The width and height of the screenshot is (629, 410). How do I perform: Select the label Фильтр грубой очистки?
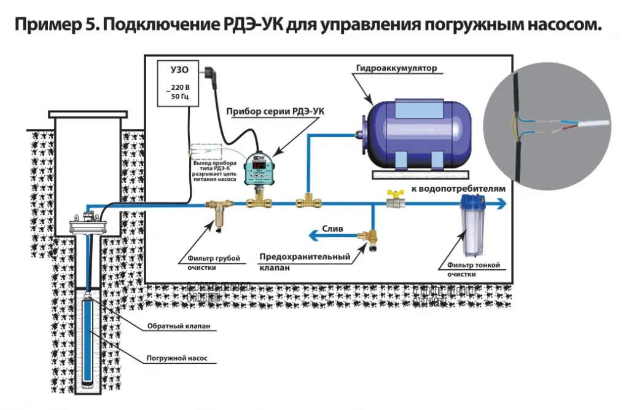coord(209,262)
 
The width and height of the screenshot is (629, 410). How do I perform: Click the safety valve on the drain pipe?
coord(371,237)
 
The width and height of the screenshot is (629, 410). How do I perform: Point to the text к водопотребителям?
coord(458,189)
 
